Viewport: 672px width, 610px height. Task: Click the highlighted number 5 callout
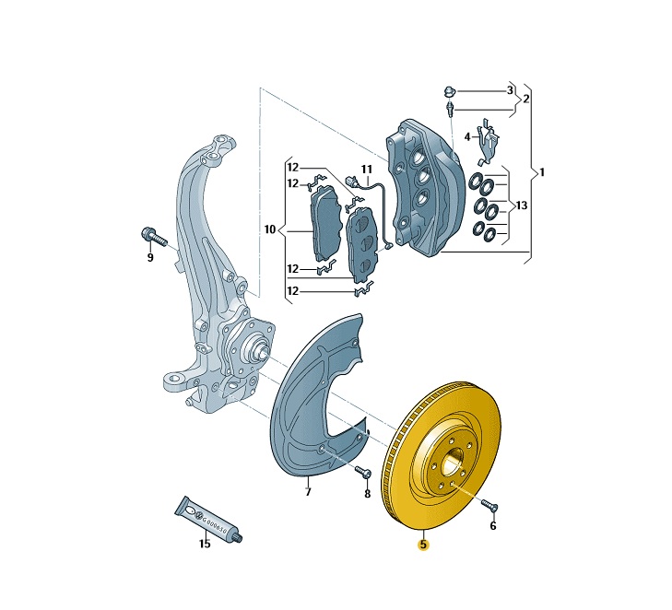(423, 545)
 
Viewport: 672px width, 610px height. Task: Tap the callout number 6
(493, 525)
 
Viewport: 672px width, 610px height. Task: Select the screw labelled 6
(489, 505)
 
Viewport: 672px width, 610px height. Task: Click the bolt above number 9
(153, 237)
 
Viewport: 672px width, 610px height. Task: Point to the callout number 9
(150, 257)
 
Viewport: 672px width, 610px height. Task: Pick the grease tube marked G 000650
(208, 519)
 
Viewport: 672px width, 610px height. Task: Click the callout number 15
(205, 544)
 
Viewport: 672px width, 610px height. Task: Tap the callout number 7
(308, 492)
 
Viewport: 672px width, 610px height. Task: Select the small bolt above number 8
(363, 472)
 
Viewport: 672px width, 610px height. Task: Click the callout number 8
(367, 494)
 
